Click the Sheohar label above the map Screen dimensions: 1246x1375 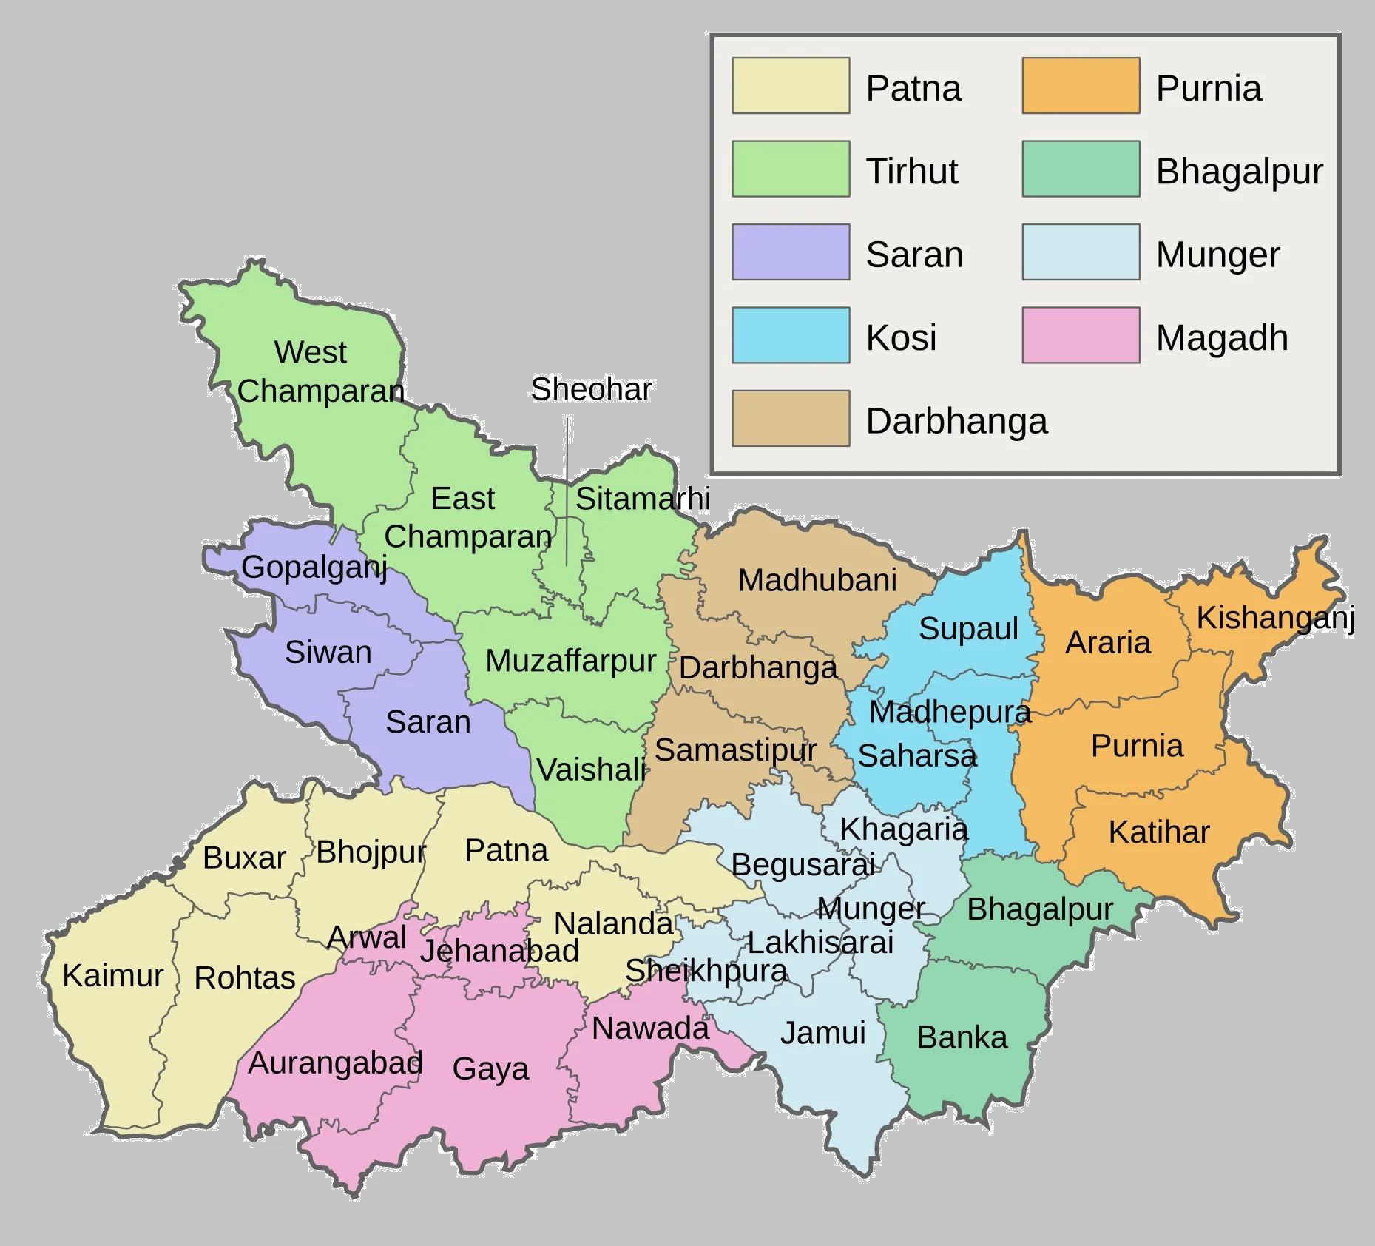[591, 389]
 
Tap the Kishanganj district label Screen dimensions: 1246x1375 [1275, 618]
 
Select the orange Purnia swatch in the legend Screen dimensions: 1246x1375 [1081, 86]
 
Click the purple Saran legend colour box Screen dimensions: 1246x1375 [791, 252]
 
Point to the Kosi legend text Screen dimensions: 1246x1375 [901, 337]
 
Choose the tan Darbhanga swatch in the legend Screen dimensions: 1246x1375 [791, 419]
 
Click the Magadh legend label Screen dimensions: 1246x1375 [1222, 337]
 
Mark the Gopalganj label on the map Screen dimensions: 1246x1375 [314, 568]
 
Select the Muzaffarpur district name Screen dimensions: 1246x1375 [570, 661]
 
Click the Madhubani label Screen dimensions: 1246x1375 [817, 580]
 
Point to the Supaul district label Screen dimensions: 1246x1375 [968, 629]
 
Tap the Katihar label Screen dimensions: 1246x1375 [1158, 832]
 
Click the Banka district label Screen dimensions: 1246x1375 [962, 1037]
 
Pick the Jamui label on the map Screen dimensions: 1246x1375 [822, 1033]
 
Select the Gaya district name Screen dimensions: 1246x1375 [490, 1068]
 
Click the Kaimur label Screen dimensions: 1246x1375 [112, 975]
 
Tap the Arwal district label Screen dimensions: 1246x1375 [367, 937]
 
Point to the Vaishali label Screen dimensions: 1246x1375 [590, 770]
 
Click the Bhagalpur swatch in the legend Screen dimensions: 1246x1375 [1081, 169]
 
